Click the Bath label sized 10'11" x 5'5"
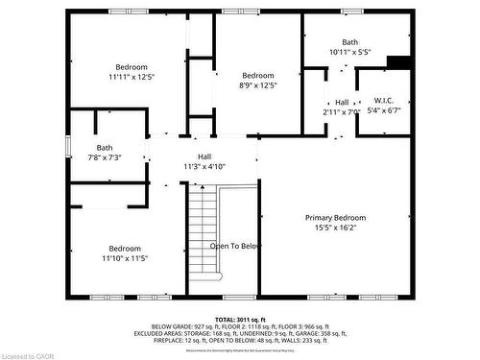click(349, 42)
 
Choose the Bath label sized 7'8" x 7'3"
click(105, 147)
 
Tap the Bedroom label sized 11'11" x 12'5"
click(131, 65)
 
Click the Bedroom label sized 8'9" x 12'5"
click(258, 76)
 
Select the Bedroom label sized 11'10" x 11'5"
click(125, 248)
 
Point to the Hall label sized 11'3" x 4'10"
click(204, 156)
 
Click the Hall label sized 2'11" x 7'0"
click(342, 103)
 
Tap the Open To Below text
click(236, 246)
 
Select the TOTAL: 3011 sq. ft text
click(240, 319)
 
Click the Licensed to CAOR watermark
click(29, 353)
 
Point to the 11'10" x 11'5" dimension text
click(125, 258)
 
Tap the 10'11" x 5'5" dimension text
click(349, 53)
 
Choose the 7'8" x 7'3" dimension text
click(105, 157)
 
